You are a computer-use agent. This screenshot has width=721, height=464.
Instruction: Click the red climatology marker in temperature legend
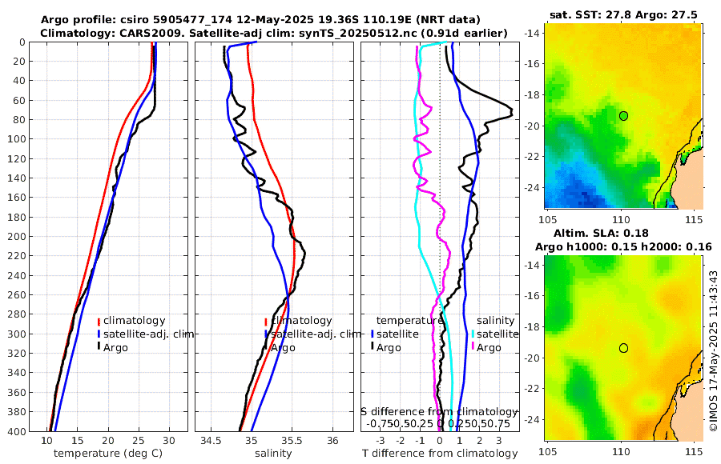point(99,321)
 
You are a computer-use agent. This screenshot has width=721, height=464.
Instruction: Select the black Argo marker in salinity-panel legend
point(265,347)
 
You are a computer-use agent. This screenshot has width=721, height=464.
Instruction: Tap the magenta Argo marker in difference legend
point(473,347)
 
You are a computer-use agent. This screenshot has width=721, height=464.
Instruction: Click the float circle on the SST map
point(623,115)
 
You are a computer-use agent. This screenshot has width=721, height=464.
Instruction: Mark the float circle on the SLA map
point(623,347)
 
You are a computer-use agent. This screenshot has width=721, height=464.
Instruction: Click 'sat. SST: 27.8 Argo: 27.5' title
point(623,14)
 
